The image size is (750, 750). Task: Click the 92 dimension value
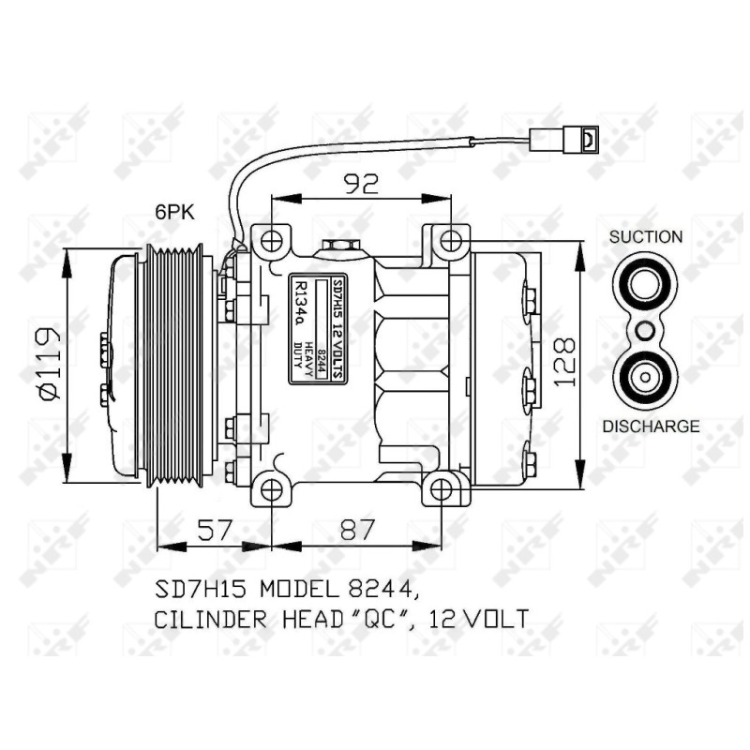pyautogui.click(x=361, y=183)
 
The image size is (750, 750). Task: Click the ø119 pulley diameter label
pyautogui.click(x=50, y=363)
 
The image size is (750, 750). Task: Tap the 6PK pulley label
pyautogui.click(x=175, y=212)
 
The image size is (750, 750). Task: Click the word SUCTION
pyautogui.click(x=646, y=237)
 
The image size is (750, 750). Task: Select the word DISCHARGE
pyautogui.click(x=651, y=427)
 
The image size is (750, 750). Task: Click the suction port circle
pyautogui.click(x=644, y=285)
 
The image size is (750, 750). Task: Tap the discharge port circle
pyautogui.click(x=644, y=378)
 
